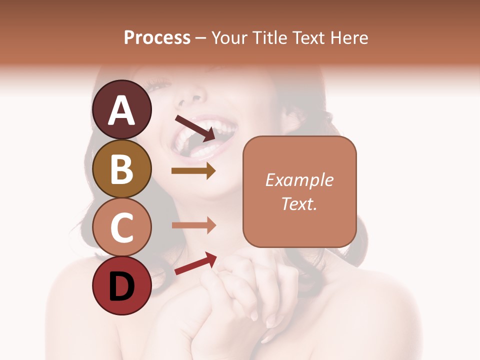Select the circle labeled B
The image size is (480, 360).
[121, 168]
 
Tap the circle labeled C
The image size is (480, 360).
[121, 227]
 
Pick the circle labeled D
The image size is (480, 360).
[121, 285]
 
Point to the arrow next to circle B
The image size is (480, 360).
[193, 171]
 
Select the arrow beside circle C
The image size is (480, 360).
[193, 225]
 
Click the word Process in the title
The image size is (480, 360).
[157, 37]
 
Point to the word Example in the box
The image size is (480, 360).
[299, 180]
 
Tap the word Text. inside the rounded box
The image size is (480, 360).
[299, 203]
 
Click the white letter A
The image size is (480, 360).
[121, 110]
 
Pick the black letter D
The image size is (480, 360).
[121, 286]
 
